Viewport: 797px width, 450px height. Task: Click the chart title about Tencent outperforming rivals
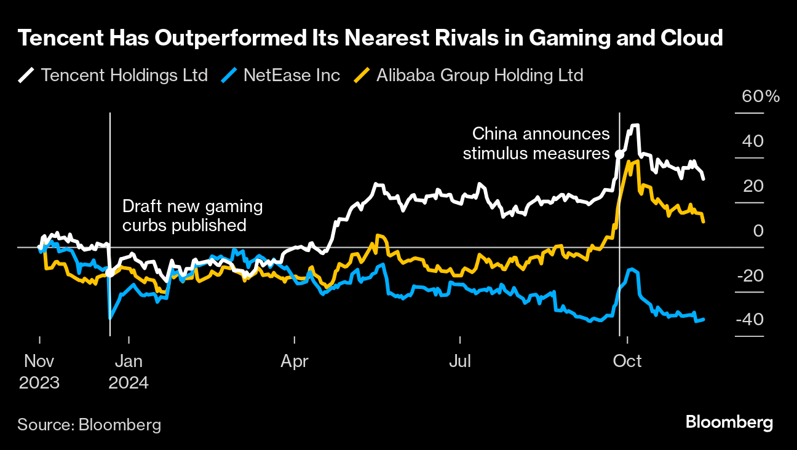click(x=370, y=39)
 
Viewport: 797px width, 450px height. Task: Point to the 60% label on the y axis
click(x=760, y=97)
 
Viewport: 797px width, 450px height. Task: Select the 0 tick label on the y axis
click(x=758, y=231)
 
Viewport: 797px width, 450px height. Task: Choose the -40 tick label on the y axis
click(x=749, y=320)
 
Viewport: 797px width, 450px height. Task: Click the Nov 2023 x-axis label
click(x=39, y=371)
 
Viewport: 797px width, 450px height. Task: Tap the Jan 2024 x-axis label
click(x=129, y=371)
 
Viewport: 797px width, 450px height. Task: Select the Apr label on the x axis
click(x=295, y=361)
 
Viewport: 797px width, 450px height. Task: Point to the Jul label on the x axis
click(x=460, y=361)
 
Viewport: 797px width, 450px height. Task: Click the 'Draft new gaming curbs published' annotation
click(x=192, y=216)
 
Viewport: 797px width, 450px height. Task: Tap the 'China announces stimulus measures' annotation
click(x=536, y=143)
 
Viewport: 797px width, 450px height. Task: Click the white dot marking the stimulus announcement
click(x=619, y=154)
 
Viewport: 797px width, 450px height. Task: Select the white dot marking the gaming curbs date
click(x=109, y=272)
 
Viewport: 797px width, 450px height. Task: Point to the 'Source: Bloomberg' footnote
click(x=89, y=424)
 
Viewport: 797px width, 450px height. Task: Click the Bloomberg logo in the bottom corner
click(x=729, y=422)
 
